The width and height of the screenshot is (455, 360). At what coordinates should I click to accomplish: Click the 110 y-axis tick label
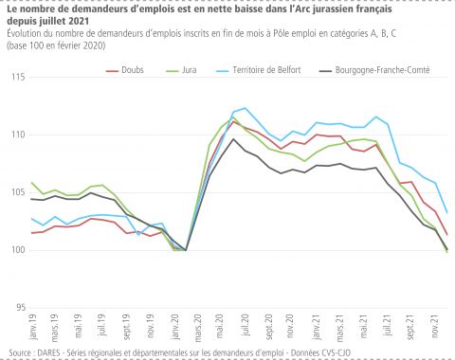(x=18, y=135)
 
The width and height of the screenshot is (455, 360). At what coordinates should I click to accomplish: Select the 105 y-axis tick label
(x=18, y=192)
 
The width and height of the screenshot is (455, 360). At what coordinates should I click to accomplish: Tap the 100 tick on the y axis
(x=18, y=250)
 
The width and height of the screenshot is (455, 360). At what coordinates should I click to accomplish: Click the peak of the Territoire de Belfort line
(x=246, y=108)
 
